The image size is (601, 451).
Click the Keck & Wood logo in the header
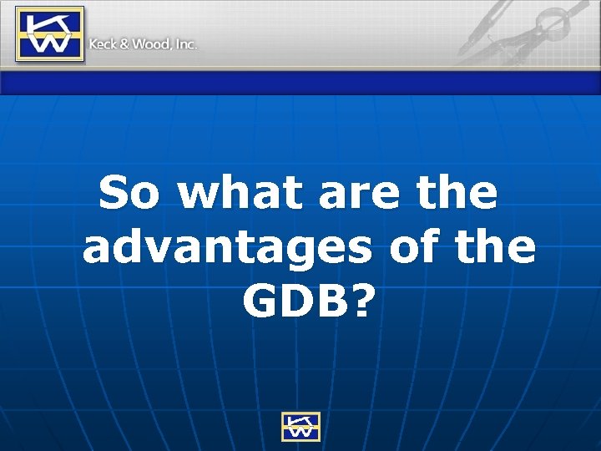click(x=50, y=34)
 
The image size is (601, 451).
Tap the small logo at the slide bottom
click(x=300, y=425)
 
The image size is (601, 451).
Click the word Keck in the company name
click(x=103, y=44)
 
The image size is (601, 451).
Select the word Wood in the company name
click(x=151, y=44)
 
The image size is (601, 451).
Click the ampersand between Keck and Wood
click(x=124, y=44)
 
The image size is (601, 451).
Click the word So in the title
click(x=130, y=194)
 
